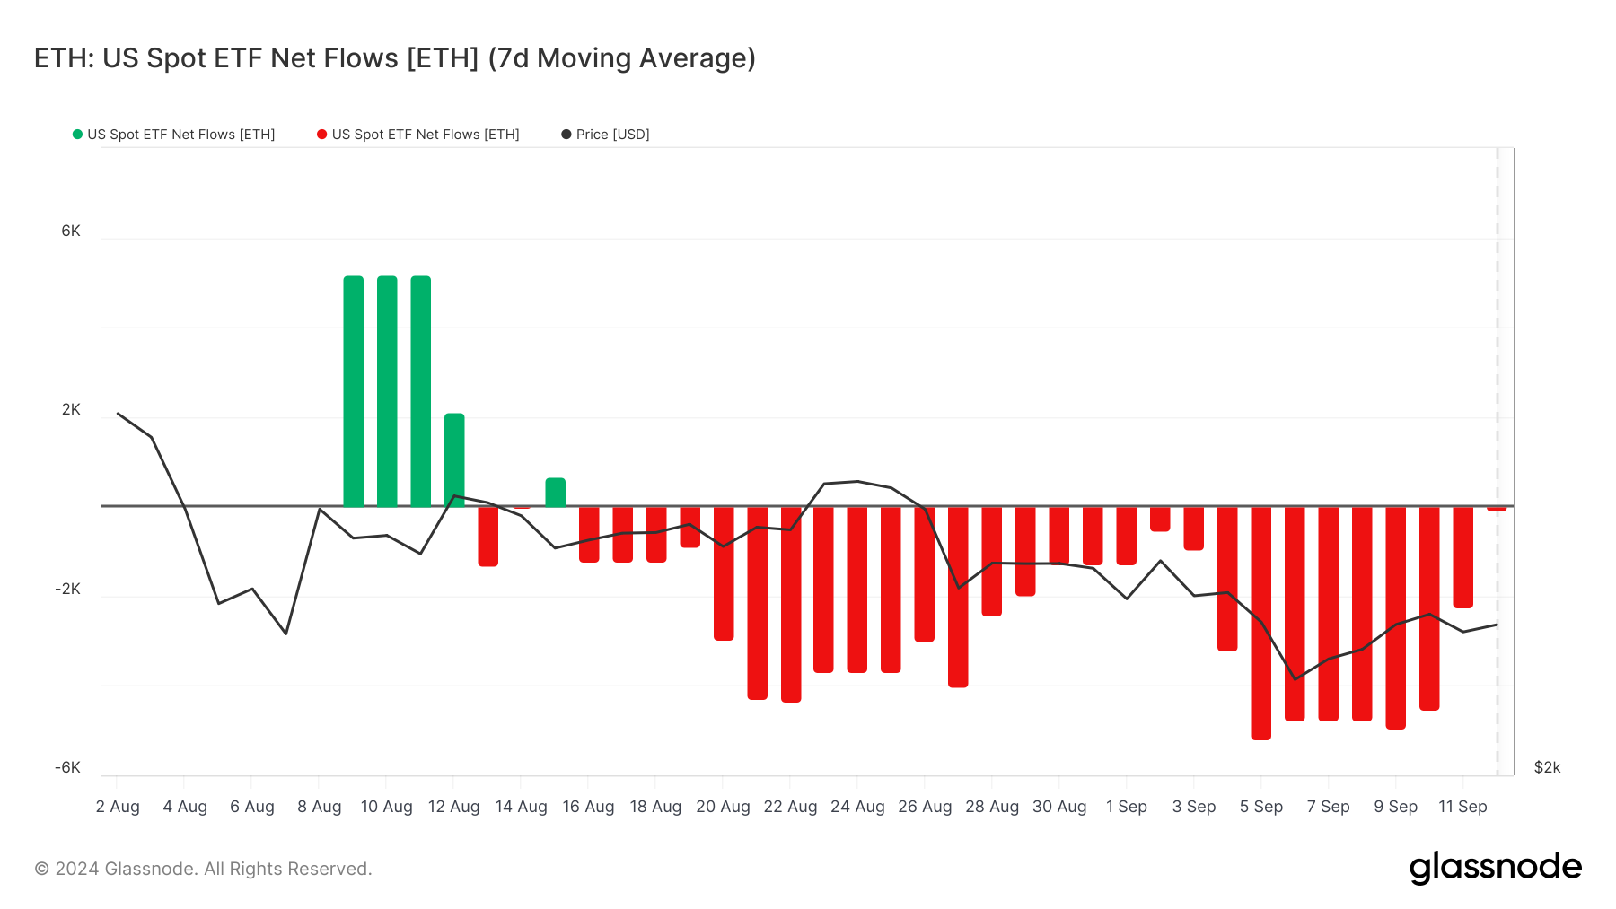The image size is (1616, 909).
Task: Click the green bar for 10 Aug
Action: (387, 391)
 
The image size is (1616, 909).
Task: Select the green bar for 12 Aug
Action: (454, 459)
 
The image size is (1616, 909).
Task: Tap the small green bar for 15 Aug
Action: (556, 493)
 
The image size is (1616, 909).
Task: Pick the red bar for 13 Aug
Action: (488, 536)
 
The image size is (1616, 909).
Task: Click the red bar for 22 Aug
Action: (791, 603)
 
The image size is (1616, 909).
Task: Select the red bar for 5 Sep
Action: (1261, 623)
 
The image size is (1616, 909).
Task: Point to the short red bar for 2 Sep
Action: (1160, 519)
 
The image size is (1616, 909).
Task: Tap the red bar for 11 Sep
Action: (1463, 556)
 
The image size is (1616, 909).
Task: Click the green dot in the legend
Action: (77, 135)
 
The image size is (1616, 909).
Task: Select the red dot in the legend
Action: (321, 135)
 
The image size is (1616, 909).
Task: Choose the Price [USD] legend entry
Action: (605, 135)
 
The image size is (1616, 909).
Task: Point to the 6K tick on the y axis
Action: (71, 231)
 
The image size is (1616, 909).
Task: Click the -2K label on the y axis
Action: (68, 589)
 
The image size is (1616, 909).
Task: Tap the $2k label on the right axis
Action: (1547, 767)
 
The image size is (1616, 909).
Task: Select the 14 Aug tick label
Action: (521, 807)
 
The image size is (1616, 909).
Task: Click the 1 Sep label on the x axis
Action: (1127, 807)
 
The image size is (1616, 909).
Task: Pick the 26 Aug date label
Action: (925, 807)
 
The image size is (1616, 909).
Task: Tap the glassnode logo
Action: (1495, 868)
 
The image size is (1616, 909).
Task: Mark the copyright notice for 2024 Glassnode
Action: (203, 869)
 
